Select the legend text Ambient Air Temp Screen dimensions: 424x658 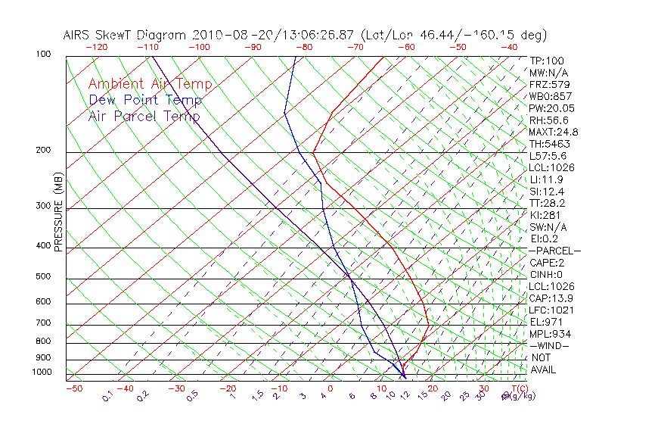150,85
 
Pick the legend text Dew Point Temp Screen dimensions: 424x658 145,101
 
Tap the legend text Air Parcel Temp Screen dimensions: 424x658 144,117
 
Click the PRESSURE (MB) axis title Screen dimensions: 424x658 58,213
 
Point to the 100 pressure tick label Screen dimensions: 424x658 43,55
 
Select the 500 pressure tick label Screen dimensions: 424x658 43,277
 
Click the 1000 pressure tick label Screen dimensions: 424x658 42,373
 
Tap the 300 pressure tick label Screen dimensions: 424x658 43,206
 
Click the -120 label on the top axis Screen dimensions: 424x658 97,47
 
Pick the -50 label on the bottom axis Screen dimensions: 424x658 73,388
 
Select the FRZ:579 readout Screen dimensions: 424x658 547,85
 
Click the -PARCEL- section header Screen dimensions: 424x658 554,251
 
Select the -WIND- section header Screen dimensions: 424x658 548,345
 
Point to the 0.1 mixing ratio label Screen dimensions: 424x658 107,396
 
